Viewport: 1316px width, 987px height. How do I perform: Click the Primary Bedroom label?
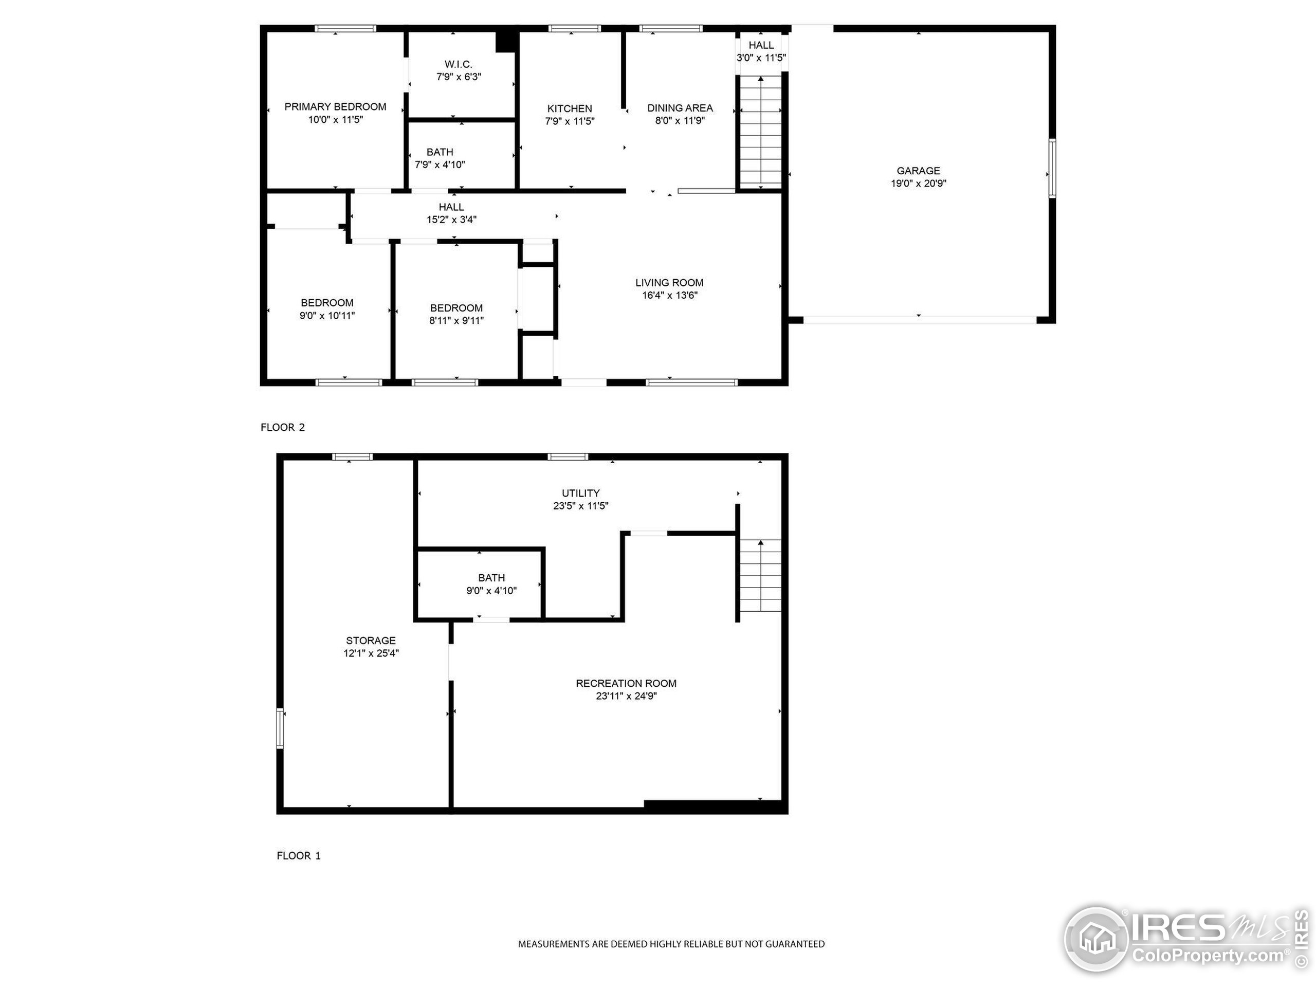coord(335,106)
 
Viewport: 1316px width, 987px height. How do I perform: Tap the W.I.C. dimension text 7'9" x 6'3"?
coord(458,77)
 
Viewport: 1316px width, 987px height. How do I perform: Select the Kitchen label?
coord(570,108)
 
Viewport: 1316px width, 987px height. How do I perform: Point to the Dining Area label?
coord(680,107)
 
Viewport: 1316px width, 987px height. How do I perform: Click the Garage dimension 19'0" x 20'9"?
coord(918,183)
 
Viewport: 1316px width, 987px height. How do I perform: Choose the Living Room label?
coord(669,283)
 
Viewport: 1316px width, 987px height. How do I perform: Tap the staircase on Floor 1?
coord(760,575)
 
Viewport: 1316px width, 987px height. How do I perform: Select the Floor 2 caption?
coord(283,427)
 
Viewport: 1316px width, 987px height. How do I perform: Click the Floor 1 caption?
coord(299,855)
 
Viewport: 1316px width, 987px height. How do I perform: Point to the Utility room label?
coord(581,493)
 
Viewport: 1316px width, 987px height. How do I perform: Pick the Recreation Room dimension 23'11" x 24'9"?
coord(626,696)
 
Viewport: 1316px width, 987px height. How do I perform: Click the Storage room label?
coord(371,640)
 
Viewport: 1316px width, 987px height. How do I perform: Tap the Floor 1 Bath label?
coord(491,578)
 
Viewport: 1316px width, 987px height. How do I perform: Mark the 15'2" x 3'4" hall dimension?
coord(451,220)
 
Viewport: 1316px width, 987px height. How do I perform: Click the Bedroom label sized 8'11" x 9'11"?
coord(456,307)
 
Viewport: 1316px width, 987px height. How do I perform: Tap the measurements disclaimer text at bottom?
coord(671,944)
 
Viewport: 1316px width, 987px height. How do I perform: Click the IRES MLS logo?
coord(1184,940)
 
